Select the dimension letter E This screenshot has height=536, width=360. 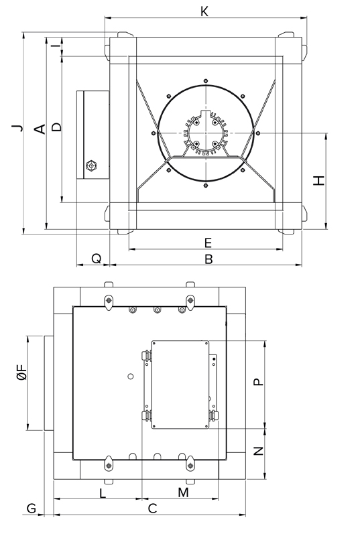point(208,242)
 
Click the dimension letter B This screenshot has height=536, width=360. point(208,259)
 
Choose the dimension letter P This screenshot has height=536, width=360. point(258,382)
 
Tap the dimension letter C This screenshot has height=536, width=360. point(153,509)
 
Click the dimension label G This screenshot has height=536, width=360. point(31,509)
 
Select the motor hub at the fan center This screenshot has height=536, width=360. point(204,133)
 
